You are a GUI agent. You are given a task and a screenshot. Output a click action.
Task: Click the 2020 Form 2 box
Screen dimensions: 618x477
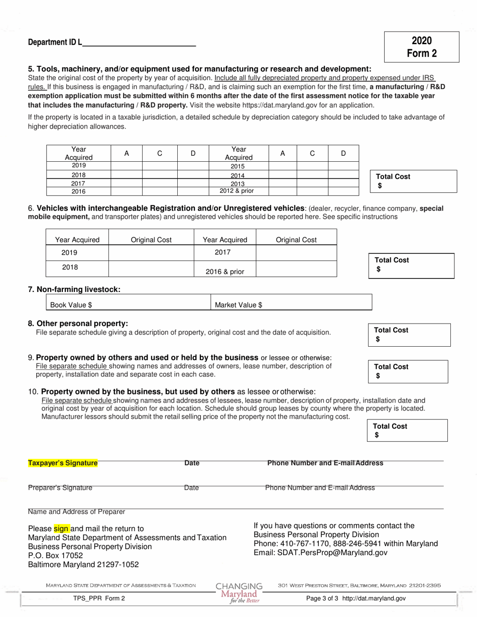(421, 47)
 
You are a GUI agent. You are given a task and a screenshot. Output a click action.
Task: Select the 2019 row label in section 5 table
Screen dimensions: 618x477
(78, 165)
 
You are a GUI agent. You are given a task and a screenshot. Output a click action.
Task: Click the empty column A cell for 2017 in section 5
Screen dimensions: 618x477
(127, 183)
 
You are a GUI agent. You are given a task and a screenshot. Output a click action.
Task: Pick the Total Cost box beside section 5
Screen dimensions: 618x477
(413, 181)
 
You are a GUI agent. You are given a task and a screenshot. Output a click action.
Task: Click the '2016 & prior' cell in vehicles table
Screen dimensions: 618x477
(225, 272)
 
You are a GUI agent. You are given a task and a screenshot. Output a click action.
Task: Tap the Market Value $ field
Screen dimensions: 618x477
(291, 304)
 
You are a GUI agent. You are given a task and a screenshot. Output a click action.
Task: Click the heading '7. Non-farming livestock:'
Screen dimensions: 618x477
(74, 289)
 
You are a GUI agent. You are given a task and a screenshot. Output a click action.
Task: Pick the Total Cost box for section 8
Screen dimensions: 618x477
(409, 335)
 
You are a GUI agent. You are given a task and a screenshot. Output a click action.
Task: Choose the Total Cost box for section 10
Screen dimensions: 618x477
(407, 431)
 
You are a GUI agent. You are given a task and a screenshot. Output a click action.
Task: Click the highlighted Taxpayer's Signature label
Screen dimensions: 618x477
(63, 463)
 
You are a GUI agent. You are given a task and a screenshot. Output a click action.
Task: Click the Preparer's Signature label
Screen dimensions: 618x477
(60, 487)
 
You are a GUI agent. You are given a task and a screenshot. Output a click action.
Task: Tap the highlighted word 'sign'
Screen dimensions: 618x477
(61, 529)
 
